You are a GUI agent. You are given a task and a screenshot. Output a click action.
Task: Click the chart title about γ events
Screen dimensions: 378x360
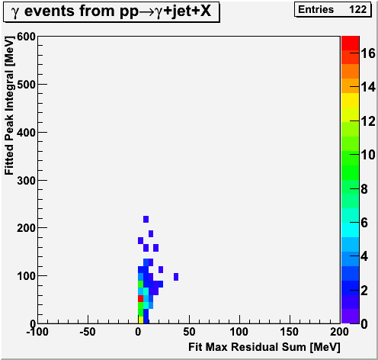pyautogui.click(x=111, y=11)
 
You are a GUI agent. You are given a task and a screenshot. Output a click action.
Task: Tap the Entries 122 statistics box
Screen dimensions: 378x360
pyautogui.click(x=332, y=10)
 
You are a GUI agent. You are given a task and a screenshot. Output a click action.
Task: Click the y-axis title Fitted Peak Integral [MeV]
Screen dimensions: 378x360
pyautogui.click(x=9, y=105)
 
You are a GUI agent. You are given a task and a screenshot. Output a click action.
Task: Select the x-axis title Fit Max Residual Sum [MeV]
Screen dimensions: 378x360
pyautogui.click(x=264, y=347)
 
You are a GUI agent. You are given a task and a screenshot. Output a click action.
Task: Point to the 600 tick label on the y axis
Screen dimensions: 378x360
pyautogui.click(x=26, y=37)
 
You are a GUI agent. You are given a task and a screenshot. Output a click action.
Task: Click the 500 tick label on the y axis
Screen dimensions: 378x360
pyautogui.click(x=26, y=85)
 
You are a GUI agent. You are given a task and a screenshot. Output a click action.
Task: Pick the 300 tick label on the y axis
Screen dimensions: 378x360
pyautogui.click(x=26, y=181)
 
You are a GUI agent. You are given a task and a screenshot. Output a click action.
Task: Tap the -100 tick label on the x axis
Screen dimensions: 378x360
pyautogui.click(x=37, y=332)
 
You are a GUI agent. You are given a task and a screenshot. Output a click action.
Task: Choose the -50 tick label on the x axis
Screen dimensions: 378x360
pyautogui.click(x=88, y=332)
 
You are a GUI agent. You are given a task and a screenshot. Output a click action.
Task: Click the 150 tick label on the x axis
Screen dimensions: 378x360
pyautogui.click(x=289, y=332)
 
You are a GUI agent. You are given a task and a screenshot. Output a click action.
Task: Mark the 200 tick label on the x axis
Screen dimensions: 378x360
pyautogui.click(x=339, y=332)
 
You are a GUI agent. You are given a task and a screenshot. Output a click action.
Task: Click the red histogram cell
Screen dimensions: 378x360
pyautogui.click(x=140, y=298)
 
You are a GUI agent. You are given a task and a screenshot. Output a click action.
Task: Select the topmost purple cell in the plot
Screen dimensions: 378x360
pyautogui.click(x=146, y=219)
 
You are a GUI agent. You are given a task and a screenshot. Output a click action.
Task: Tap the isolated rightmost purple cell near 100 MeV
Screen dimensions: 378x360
pyautogui.click(x=176, y=277)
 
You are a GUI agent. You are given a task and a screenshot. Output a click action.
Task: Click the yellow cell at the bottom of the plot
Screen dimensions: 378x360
pyautogui.click(x=141, y=320)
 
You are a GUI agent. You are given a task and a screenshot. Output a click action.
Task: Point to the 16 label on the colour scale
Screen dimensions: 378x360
pyautogui.click(x=368, y=53)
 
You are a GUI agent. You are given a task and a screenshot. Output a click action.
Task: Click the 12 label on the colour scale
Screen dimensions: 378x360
pyautogui.click(x=368, y=121)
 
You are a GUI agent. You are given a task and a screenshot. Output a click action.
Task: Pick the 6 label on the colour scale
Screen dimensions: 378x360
pyautogui.click(x=364, y=223)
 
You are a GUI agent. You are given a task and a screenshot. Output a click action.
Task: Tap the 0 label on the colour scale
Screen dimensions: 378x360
pyautogui.click(x=364, y=324)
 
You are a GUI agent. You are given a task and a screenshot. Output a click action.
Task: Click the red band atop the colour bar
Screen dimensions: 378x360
pyautogui.click(x=351, y=43)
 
